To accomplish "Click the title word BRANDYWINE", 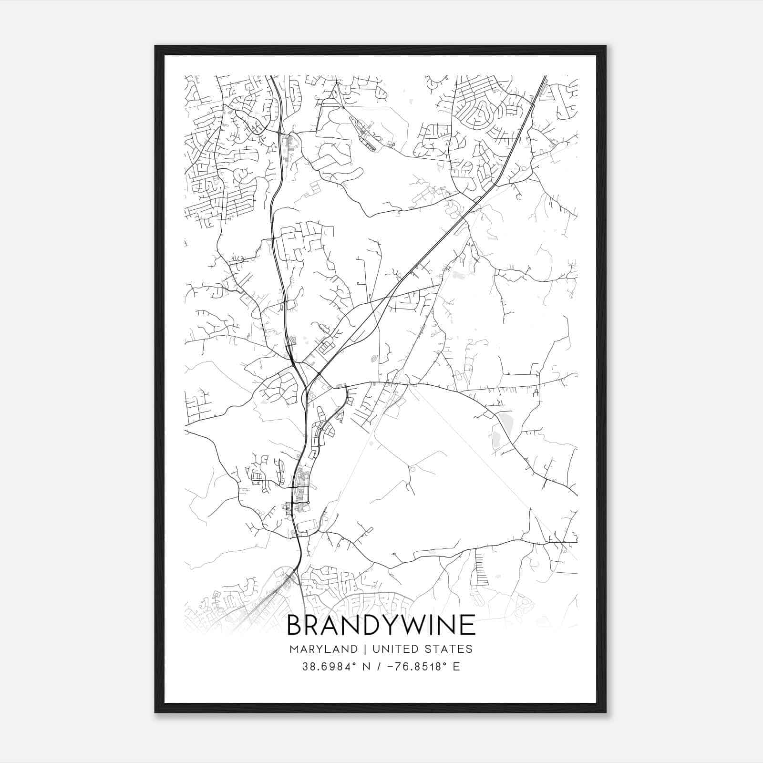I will tap(381, 625).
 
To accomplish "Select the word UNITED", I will tap(391, 649).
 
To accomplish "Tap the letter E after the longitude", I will tap(456, 667).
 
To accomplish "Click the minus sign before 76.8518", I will tap(392, 667).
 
